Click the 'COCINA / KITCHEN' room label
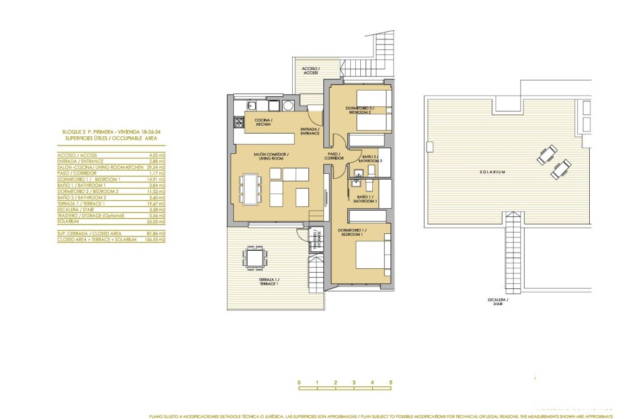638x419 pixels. coord(262,122)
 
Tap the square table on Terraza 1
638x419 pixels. coord(255,257)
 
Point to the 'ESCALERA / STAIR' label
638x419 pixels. coord(499,303)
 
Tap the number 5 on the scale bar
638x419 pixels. coord(390,382)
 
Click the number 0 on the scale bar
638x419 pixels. coord(299,382)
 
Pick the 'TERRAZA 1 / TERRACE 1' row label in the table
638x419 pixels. coord(81,203)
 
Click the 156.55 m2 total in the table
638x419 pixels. coord(155,240)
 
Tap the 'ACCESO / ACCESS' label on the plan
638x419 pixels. coord(310,70)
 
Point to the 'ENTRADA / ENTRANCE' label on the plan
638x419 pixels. coord(310,131)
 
